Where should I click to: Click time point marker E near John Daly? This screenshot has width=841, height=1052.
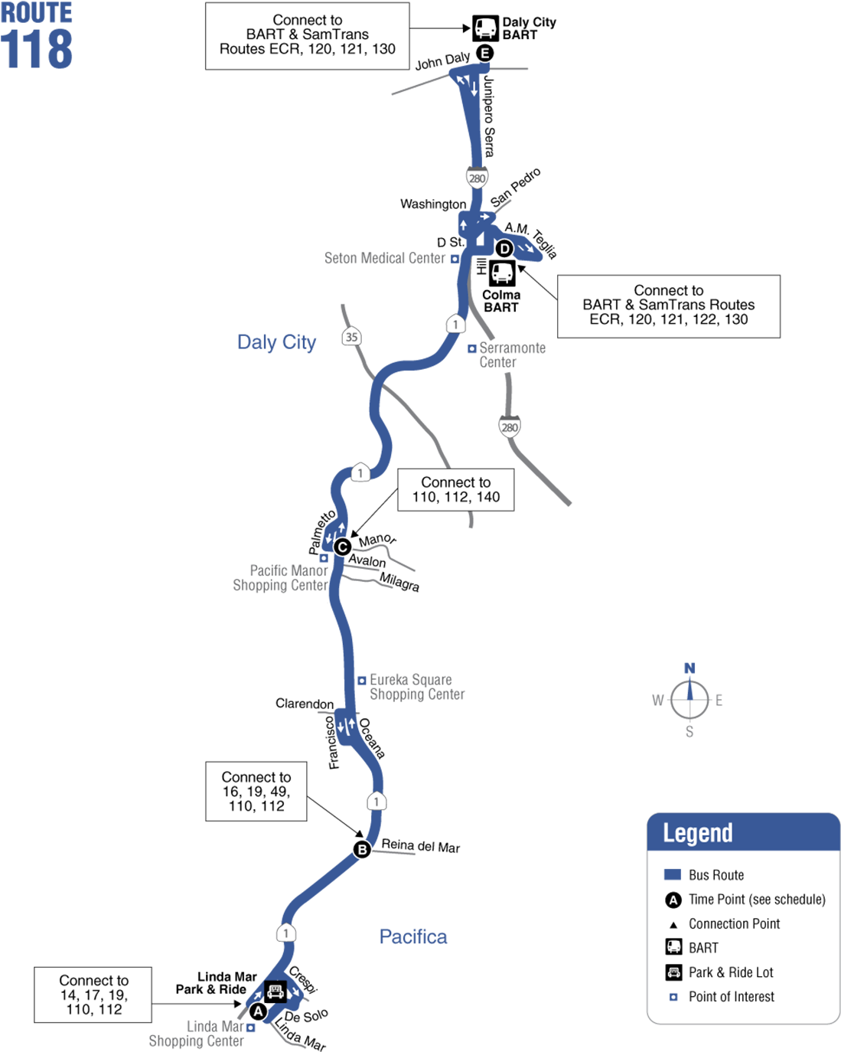tap(484, 53)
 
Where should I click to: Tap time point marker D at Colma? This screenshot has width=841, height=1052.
tap(504, 248)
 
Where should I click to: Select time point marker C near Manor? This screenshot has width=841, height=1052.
tap(342, 547)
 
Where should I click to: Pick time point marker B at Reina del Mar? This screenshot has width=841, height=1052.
tap(362, 850)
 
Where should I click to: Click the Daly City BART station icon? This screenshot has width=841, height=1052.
tap(485, 29)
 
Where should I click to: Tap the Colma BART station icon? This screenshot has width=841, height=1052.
tap(502, 273)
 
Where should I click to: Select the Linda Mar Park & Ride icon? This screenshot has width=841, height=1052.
tap(275, 992)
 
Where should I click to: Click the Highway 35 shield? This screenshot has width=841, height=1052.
tap(351, 337)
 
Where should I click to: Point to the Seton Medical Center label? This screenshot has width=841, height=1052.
tap(385, 258)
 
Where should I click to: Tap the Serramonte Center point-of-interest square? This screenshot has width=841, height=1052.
tap(471, 348)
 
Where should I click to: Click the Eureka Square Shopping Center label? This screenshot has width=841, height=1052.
tap(417, 687)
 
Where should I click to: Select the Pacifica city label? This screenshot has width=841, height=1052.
tap(413, 936)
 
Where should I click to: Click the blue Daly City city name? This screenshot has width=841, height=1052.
tap(276, 342)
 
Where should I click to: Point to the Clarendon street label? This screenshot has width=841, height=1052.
tap(305, 704)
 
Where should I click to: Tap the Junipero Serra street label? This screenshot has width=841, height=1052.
tap(489, 116)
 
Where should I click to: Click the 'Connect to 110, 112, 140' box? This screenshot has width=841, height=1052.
tap(455, 490)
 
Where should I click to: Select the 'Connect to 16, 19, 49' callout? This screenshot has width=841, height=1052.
tap(256, 792)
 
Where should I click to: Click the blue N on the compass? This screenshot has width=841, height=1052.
tap(689, 668)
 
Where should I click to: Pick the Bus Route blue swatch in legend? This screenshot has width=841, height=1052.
tap(673, 874)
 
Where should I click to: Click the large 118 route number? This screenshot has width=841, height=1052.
tap(37, 49)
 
